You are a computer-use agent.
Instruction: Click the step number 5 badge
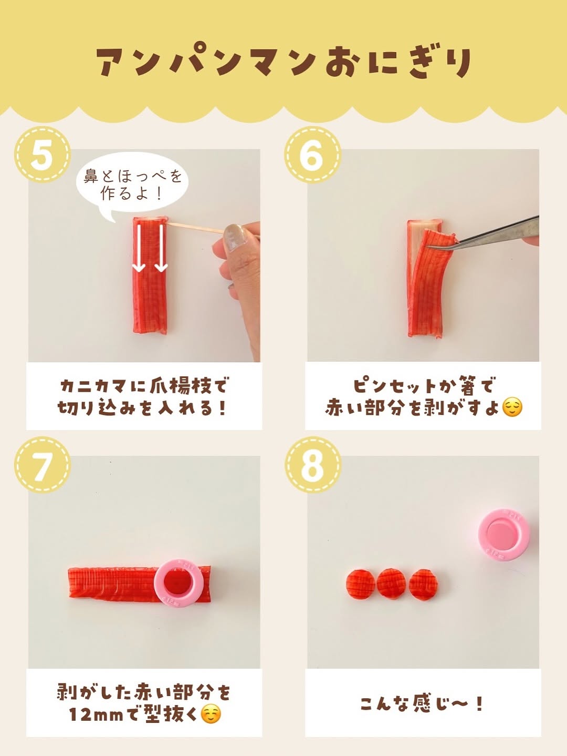pyautogui.click(x=43, y=155)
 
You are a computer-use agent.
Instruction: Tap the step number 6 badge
pyautogui.click(x=312, y=155)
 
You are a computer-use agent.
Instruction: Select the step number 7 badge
pyautogui.click(x=43, y=465)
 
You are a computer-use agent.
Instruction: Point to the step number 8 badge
pyautogui.click(x=312, y=465)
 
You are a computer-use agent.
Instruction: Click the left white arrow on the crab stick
pyautogui.click(x=139, y=248)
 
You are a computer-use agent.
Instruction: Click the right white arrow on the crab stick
pyautogui.click(x=161, y=248)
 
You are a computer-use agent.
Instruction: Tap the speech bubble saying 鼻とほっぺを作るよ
pyautogui.click(x=132, y=186)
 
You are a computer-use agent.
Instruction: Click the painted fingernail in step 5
pyautogui.click(x=233, y=235)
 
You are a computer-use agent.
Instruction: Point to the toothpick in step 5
pyautogui.click(x=195, y=227)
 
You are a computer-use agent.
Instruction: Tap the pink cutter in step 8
pyautogui.click(x=503, y=534)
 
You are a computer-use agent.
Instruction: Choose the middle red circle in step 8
pyautogui.click(x=391, y=585)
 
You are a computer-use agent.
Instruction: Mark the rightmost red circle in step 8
pyautogui.click(x=423, y=585)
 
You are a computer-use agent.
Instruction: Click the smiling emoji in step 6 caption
pyautogui.click(x=512, y=407)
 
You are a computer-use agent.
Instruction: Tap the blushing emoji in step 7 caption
pyautogui.click(x=211, y=713)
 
